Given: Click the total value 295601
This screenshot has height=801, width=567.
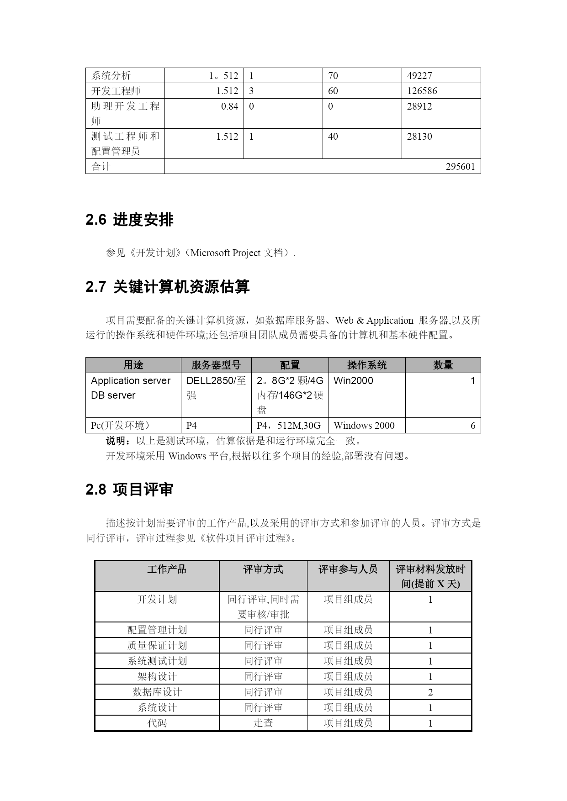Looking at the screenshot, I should pyautogui.click(x=460, y=167).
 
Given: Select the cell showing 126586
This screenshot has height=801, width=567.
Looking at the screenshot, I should pyautogui.click(x=422, y=91).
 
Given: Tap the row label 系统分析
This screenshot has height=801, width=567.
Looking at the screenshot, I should pyautogui.click(x=111, y=76).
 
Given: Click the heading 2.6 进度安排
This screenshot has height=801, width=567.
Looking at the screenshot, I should pyautogui.click(x=129, y=220).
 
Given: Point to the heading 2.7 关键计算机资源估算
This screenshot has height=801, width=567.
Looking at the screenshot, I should pyautogui.click(x=167, y=287).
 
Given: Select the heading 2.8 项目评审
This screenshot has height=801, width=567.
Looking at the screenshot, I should pyautogui.click(x=129, y=490).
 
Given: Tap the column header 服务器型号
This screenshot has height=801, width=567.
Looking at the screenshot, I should pyautogui.click(x=216, y=365).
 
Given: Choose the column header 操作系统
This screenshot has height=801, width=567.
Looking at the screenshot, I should pyautogui.click(x=366, y=365).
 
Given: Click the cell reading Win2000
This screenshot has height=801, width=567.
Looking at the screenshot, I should pyautogui.click(x=353, y=381).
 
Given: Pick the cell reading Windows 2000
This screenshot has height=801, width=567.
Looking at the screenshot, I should pyautogui.click(x=364, y=426).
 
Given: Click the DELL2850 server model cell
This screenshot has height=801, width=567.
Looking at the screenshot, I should pyautogui.click(x=216, y=388).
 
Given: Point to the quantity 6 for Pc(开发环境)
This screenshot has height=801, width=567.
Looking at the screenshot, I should pyautogui.click(x=473, y=426).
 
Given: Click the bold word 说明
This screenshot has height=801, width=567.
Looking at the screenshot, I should pyautogui.click(x=116, y=441).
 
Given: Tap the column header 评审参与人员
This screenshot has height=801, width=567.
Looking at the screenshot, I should pyautogui.click(x=348, y=569).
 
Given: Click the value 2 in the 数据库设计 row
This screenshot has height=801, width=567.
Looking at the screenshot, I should pyautogui.click(x=430, y=692).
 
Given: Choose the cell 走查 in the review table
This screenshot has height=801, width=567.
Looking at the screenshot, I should pyautogui.click(x=263, y=723).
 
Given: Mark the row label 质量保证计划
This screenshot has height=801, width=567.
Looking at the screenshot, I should pyautogui.click(x=157, y=646).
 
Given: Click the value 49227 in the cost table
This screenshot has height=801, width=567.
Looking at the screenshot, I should pyautogui.click(x=419, y=76).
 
